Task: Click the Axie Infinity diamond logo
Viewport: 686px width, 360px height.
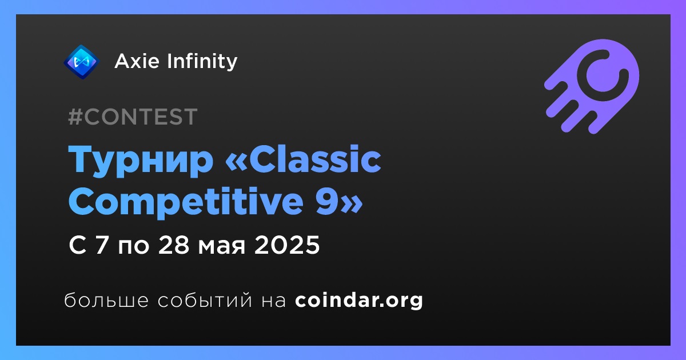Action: coord(81,62)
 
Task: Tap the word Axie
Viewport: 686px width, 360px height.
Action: coord(137,61)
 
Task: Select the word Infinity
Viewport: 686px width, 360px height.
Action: coord(202,62)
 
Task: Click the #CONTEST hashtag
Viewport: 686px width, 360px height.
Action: coord(133,117)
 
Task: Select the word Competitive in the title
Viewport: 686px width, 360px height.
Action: coord(186,203)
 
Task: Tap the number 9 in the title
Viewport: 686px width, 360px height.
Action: coord(328,202)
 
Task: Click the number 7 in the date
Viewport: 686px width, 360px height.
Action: coord(102,245)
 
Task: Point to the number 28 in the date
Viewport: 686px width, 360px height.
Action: coord(173,245)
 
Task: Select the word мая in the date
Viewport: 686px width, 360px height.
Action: coord(221,247)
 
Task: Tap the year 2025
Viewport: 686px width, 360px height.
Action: coord(287,245)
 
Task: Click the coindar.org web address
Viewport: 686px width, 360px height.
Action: coord(359,301)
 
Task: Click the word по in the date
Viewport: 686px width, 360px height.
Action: coord(134,247)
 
